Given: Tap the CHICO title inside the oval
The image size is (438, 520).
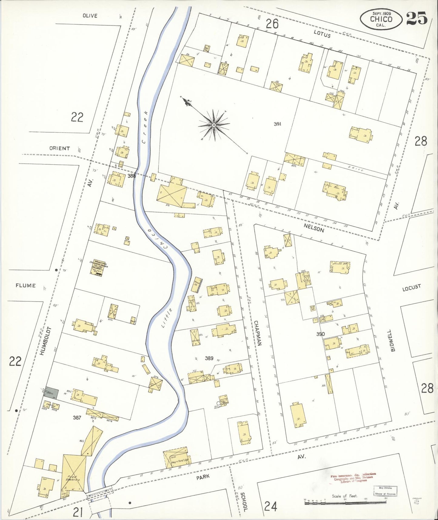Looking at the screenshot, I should [x=381, y=19].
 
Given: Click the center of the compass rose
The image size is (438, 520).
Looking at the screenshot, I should [x=214, y=125].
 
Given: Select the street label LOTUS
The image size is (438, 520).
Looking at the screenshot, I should [x=322, y=34].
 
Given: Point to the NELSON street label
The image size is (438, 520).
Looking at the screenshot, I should [x=314, y=228].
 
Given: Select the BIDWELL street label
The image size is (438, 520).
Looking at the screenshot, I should [x=393, y=340].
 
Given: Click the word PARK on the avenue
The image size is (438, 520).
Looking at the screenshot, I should [x=202, y=477].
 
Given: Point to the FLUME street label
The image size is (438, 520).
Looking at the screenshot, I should [x=25, y=285].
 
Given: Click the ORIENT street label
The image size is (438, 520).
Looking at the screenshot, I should [x=59, y=148].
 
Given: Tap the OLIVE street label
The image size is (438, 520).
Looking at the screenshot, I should [x=90, y=16].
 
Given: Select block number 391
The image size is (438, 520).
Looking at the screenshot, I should [x=277, y=124].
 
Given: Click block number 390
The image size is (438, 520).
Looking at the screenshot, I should [x=320, y=334].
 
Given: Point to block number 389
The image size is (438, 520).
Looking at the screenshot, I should [x=209, y=358].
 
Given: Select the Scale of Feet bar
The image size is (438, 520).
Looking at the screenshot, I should [x=346, y=502].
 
